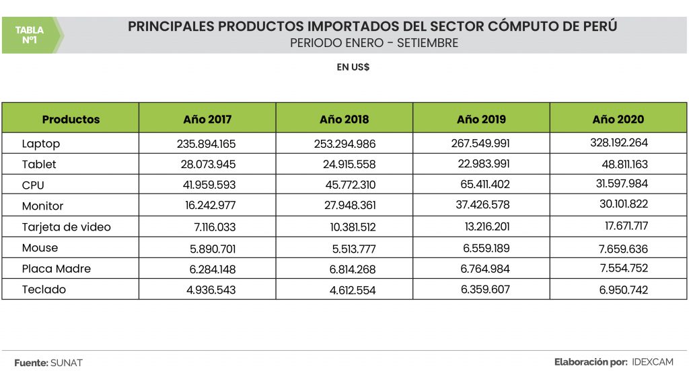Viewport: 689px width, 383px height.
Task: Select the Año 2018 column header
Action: point(344,120)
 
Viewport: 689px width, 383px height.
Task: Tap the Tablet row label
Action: point(39,164)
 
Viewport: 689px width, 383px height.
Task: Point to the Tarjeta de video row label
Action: point(66,227)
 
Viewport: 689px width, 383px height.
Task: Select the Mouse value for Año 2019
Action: point(486,248)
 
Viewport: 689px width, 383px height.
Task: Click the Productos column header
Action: point(71,120)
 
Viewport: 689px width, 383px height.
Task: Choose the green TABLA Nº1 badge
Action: point(30,35)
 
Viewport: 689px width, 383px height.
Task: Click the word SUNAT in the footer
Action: point(66,363)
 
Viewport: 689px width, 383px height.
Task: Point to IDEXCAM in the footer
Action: point(653,362)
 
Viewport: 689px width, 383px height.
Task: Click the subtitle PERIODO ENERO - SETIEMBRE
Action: point(374,44)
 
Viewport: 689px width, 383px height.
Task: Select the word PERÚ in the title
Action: point(598,27)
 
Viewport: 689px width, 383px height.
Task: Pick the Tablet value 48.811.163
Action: point(621,164)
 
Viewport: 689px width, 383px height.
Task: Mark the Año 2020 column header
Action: point(618,120)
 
